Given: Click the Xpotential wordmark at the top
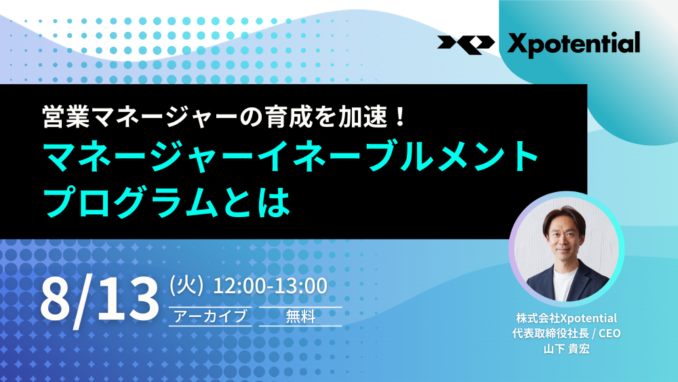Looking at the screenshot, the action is coord(574,43).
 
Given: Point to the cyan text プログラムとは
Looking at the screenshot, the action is coord(167,201).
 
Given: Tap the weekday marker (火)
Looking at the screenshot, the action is coord(186,286).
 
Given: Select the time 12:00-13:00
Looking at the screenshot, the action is coord(271,286).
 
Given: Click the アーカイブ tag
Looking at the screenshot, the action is coord(210,316).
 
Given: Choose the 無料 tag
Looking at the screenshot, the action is coord(300,316).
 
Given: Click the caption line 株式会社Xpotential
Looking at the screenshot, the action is coord(566,318).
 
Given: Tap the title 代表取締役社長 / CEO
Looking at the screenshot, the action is coord(566,334).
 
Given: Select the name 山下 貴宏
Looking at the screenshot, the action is coord(566,349).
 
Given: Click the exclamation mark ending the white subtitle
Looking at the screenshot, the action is coord(400,117).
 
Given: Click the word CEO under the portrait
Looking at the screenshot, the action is coord(610,334).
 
